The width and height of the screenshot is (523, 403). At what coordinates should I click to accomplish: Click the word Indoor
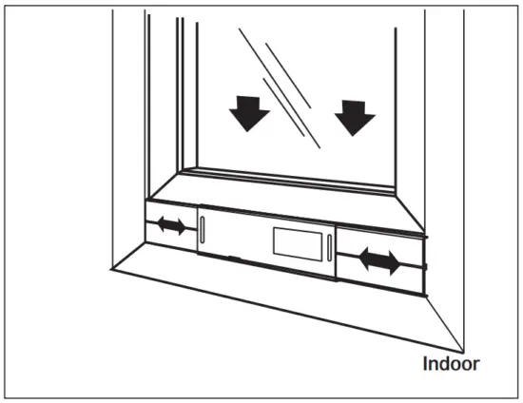coord(452,363)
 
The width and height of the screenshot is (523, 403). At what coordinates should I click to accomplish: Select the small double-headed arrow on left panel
coord(172,226)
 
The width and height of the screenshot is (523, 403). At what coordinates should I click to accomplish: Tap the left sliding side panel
coord(171,227)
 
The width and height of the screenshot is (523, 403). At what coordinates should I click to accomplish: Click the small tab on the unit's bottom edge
coord(233,257)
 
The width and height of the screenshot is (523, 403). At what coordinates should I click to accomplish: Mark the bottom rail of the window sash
coord(285,178)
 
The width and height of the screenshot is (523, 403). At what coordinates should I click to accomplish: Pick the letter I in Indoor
coord(425,363)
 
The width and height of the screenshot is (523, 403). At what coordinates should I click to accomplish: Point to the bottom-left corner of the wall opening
coord(111,269)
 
